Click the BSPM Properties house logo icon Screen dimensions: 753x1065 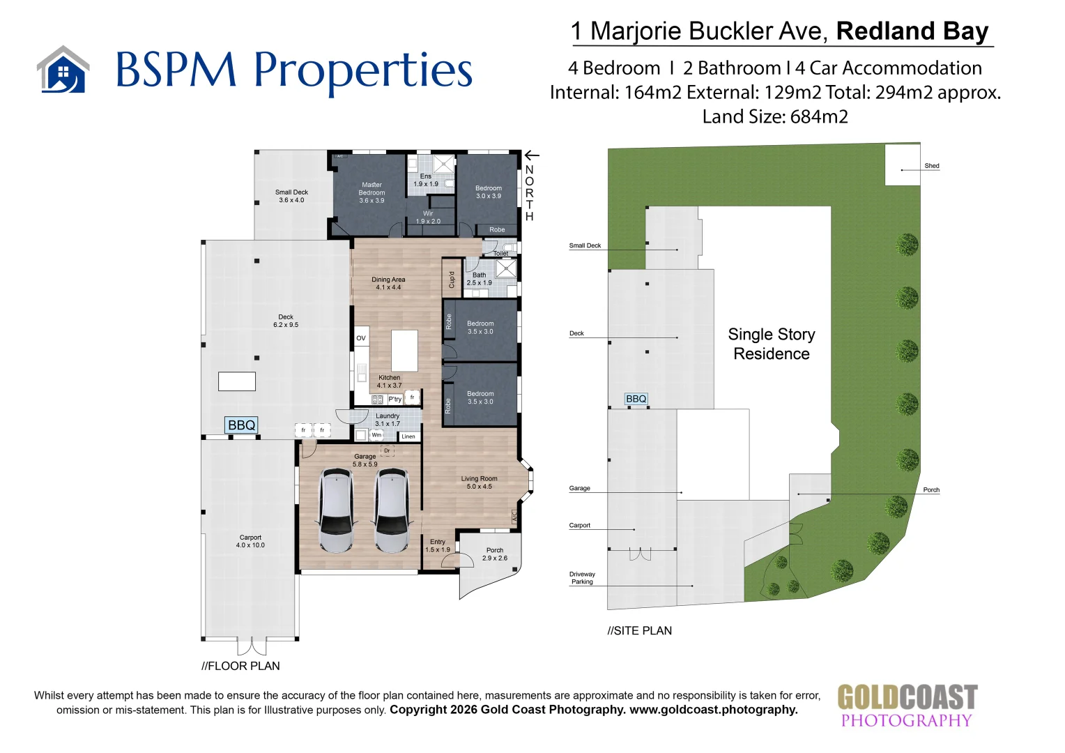click(63, 70)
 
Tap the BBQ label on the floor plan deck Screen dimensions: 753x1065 click(242, 425)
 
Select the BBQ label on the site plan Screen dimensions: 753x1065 click(636, 399)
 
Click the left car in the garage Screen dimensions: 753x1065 click(336, 510)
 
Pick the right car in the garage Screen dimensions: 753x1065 click(391, 510)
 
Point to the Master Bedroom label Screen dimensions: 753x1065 click(371, 192)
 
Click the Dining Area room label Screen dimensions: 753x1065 click(388, 283)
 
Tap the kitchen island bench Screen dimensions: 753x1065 click(404, 350)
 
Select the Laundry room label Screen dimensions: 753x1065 click(388, 420)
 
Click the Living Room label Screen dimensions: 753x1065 click(479, 482)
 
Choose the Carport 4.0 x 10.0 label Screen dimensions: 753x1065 click(250, 541)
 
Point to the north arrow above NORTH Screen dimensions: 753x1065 click(532, 155)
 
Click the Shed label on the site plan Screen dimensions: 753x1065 click(931, 166)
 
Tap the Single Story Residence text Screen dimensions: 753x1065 click(772, 344)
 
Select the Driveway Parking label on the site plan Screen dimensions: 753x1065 click(582, 578)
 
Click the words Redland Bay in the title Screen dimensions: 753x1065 click(912, 31)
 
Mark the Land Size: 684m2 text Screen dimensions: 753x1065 click(775, 116)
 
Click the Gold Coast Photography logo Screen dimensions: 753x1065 click(907, 706)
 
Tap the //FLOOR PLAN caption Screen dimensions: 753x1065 click(240, 666)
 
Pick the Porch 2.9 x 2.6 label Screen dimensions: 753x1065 click(495, 554)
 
